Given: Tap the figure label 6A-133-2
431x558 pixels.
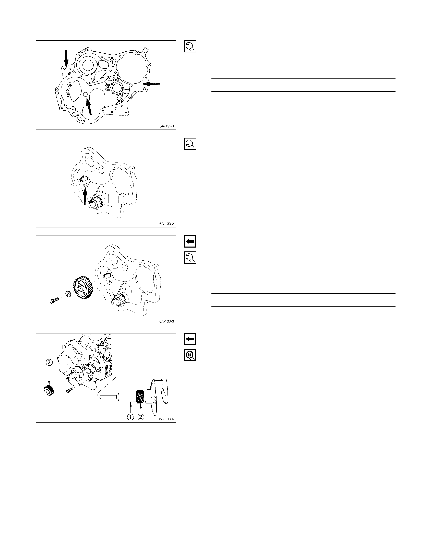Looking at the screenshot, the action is tap(167, 224).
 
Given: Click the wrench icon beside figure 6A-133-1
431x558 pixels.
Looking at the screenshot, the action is tap(190, 46).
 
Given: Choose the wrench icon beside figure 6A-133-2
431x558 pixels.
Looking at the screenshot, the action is tap(190, 144).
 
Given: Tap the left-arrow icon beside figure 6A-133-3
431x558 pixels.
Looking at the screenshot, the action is tap(190, 241).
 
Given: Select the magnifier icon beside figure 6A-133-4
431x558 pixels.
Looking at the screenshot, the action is tap(190, 355).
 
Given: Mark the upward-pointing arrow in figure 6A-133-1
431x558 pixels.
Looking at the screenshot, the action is tap(89, 107).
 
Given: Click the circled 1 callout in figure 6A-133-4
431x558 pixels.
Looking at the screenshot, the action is tap(130, 417).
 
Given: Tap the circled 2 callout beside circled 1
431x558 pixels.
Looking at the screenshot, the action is tap(141, 417).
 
